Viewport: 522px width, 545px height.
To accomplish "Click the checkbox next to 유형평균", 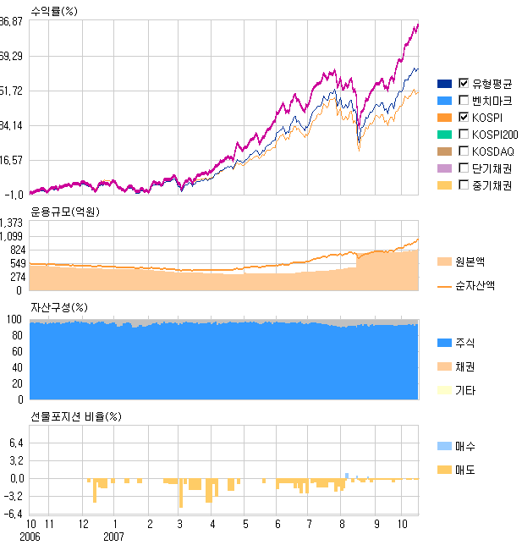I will (464, 83).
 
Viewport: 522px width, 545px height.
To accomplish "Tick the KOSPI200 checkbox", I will (464, 134).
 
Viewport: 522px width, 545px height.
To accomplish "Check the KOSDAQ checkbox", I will (464, 151).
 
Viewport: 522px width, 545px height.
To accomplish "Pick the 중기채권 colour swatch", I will (445, 184).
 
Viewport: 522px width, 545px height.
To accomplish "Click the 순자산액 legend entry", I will (475, 286).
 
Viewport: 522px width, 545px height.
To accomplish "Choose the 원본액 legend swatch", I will (445, 261).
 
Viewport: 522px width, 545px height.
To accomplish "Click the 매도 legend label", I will (464, 470).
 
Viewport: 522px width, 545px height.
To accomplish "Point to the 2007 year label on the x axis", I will (114, 537).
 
